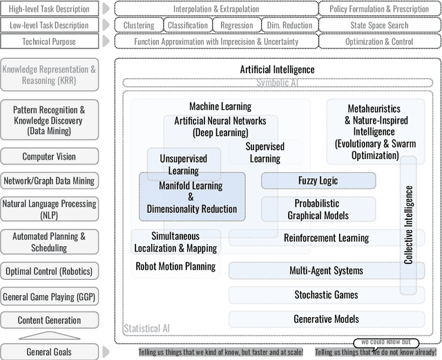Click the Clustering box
pyautogui.click(x=139, y=26)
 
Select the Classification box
pyautogui.click(x=187, y=26)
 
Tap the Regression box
pyautogui.click(x=236, y=26)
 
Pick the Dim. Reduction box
pyautogui.click(x=288, y=26)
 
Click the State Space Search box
pyautogui.click(x=380, y=26)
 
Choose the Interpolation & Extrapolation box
pyautogui.click(x=216, y=9)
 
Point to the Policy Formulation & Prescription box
pyautogui.click(x=380, y=9)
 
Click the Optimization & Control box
pyautogui.click(x=380, y=41)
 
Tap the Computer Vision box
pyautogui.click(x=49, y=157)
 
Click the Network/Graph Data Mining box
pyautogui.click(x=49, y=181)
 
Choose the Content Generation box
pyautogui.click(x=49, y=320)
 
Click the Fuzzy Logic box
pyautogui.click(x=318, y=181)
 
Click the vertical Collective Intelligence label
pyautogui.click(x=409, y=224)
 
